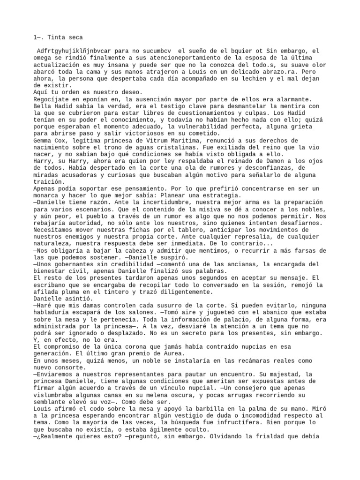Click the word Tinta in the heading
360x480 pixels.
[x=47, y=37]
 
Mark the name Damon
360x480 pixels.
[x=270, y=161]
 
